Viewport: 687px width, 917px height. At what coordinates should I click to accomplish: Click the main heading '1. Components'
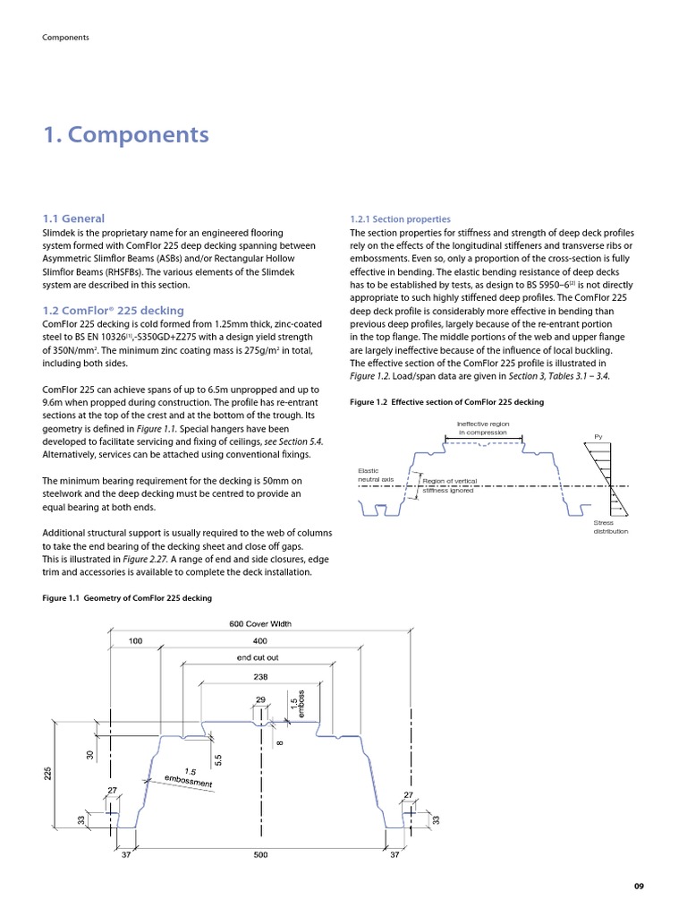coord(126,135)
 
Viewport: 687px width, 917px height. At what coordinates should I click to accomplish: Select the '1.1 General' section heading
coord(73,219)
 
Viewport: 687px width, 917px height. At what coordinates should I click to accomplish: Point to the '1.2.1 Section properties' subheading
coord(400,219)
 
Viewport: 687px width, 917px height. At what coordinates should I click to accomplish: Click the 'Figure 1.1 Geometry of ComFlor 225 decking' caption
coord(128,597)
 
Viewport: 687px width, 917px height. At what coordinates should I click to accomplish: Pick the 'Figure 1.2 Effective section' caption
coord(446,403)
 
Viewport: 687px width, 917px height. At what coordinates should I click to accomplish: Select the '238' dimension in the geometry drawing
coord(260,677)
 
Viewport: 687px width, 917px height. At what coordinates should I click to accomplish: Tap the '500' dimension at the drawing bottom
coord(260,855)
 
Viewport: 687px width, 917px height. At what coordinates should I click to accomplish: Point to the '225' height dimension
coord(49,773)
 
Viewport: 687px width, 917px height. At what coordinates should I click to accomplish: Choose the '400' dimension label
coord(260,641)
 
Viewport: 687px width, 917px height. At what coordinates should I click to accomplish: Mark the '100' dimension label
coord(135,641)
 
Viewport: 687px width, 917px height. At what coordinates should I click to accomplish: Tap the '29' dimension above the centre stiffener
coord(260,698)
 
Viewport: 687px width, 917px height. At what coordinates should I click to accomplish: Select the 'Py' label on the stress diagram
coord(598,437)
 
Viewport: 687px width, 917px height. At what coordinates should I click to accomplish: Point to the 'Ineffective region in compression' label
coord(482,428)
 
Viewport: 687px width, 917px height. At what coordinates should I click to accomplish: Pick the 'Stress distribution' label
coord(610,527)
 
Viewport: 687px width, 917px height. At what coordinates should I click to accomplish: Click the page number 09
coord(638,887)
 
